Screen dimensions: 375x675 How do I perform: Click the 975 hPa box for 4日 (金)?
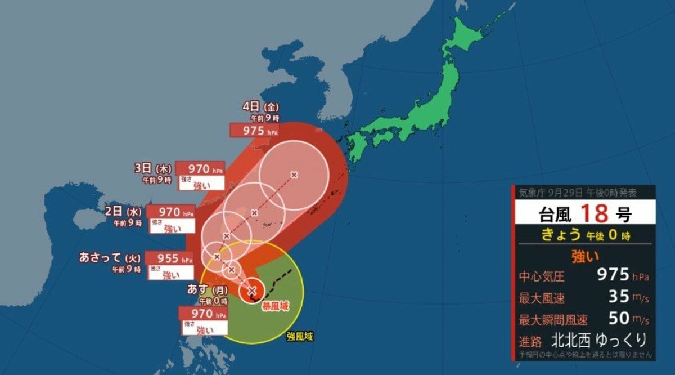point(255,130)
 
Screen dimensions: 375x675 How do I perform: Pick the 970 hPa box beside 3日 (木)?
point(200,168)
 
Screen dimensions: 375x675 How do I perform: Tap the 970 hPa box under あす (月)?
point(203,313)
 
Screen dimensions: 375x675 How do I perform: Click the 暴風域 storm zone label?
point(274,306)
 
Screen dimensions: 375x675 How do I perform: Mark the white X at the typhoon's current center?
point(252,290)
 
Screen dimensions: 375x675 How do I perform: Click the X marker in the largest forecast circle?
point(294,175)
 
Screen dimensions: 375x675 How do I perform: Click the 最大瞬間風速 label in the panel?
point(553,320)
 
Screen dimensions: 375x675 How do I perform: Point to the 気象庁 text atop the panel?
point(530,193)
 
